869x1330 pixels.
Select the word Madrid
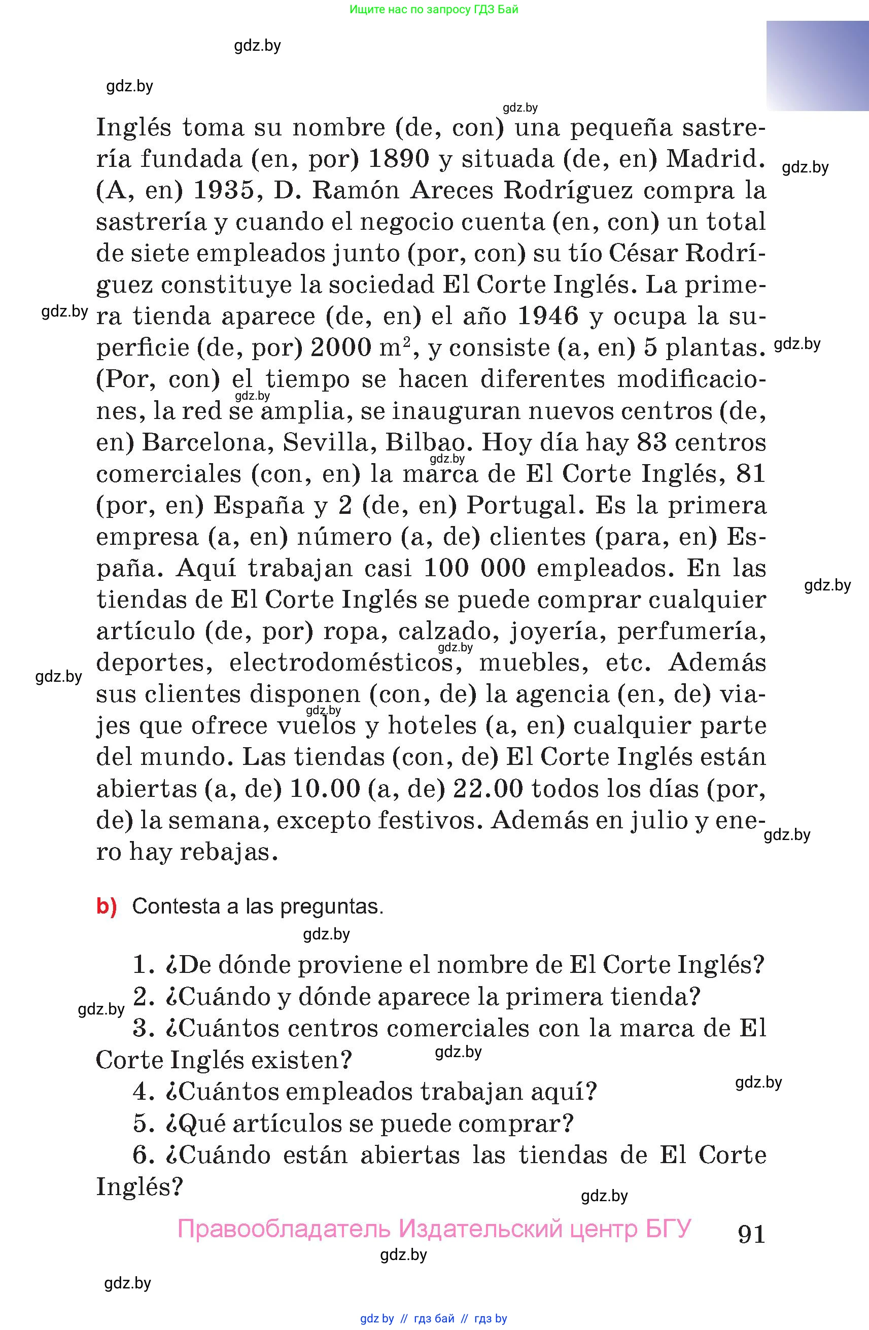715,159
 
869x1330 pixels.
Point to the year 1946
548,317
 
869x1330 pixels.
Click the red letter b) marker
106,906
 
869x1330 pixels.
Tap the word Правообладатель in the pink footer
284,1228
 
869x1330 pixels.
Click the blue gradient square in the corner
817,66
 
